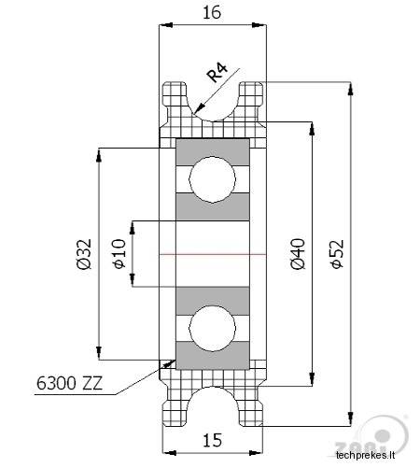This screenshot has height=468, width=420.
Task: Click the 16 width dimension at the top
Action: (212, 13)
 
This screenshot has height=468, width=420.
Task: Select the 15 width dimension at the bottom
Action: (213, 440)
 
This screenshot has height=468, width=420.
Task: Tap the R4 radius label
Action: (217, 72)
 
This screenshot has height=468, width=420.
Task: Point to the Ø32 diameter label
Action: (84, 254)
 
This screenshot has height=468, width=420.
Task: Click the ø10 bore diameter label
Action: (119, 254)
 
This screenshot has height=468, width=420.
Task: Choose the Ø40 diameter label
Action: (298, 254)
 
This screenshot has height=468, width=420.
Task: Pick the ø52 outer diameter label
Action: (337, 254)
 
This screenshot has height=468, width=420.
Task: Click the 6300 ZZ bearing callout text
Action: (69, 383)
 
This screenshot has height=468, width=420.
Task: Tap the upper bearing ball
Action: (213, 179)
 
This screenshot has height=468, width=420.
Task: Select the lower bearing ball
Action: (213, 328)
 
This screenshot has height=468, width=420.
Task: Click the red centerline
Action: (213, 254)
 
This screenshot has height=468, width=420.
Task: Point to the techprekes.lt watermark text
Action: (365, 455)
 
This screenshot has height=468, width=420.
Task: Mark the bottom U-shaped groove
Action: (213, 388)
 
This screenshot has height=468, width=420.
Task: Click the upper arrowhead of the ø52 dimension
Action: (351, 89)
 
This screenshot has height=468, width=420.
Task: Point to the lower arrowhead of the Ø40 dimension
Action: (312, 379)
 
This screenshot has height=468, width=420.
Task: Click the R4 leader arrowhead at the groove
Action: (199, 108)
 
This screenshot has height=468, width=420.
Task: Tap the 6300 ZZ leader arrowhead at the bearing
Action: (170, 362)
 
